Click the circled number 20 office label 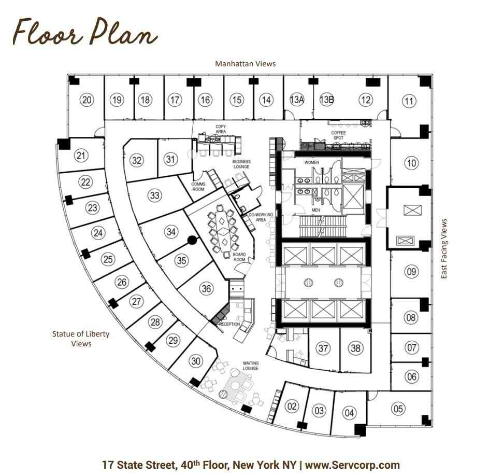87,100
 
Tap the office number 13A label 297,100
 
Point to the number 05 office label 398,409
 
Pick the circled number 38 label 355,348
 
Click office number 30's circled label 196,361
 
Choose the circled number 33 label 154,195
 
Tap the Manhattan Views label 246,64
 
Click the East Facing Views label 444,249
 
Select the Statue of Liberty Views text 81,339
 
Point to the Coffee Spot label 338,135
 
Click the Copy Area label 221,129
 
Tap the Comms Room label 198,187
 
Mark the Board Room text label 239,257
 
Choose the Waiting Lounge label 251,366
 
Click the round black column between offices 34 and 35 192,240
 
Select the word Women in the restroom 311,162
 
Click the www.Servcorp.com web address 352,465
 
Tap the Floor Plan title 85,32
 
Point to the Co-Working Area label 261,217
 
